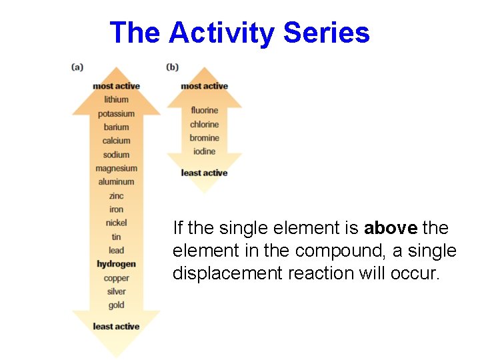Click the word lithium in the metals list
point(116,99)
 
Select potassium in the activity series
point(116,113)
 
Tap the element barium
point(116,127)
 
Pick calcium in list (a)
point(116,141)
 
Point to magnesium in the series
point(116,168)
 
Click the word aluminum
point(116,181)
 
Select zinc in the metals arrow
point(116,195)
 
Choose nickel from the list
point(116,223)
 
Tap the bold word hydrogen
point(116,264)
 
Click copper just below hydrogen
point(116,278)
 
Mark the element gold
point(116,305)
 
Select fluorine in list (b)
point(204,110)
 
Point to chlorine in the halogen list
point(204,124)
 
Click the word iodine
point(204,151)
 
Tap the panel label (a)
point(77,67)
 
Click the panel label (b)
point(172,67)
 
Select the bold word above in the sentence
point(391,228)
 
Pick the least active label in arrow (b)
point(204,173)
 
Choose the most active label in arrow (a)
point(116,86)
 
